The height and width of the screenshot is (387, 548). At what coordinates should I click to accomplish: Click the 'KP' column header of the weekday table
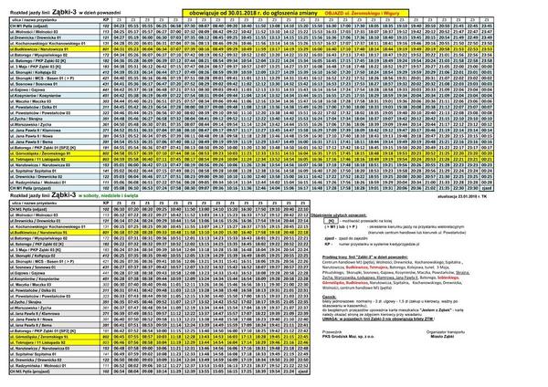(107, 18)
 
